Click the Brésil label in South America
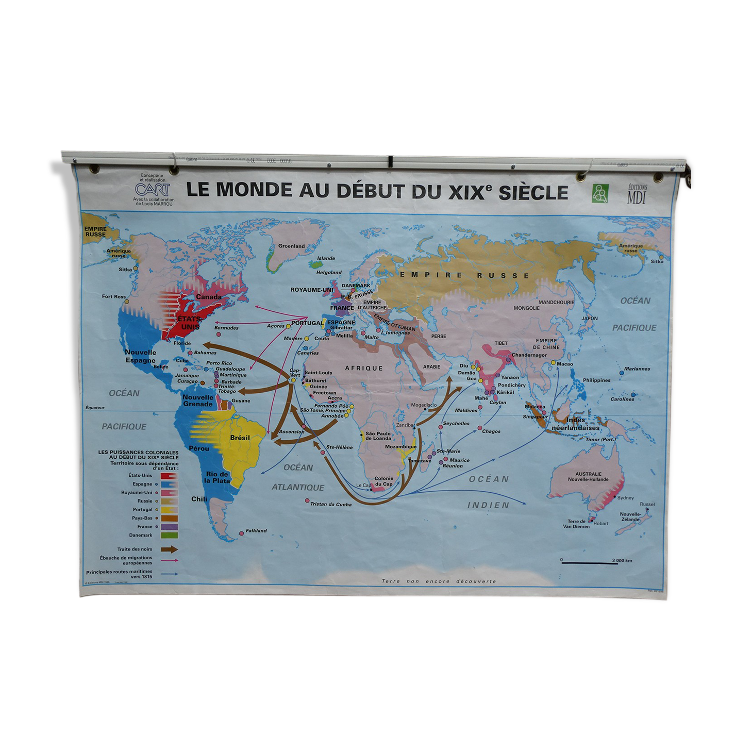pos(240,438)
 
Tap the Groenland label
pos(291,246)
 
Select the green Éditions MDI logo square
pos(600,193)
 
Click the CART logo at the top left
pos(152,189)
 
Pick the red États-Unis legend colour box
pos(169,476)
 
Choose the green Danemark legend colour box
pos(169,535)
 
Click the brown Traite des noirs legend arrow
pos(169,549)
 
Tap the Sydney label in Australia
pos(625,498)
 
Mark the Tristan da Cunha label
pos(331,504)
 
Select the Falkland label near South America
pos(256,530)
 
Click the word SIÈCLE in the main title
pos(533,192)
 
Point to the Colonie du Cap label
pos(383,481)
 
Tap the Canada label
pos(209,297)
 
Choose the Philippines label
pos(596,380)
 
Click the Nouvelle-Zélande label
pos(630,516)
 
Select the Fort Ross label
pos(113,296)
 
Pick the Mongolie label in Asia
pos(526,308)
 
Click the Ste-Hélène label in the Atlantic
pos(339,447)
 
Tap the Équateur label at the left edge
pos(95,408)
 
